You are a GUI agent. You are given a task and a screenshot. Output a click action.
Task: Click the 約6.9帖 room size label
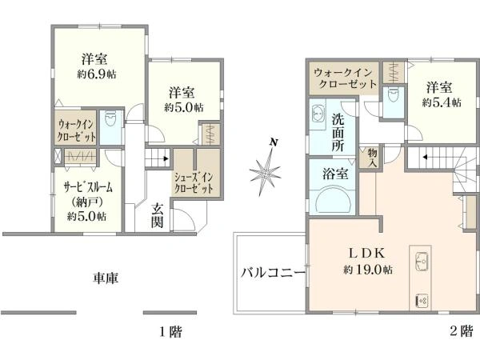(94, 73)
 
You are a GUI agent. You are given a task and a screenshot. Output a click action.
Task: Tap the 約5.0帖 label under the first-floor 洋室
(184, 106)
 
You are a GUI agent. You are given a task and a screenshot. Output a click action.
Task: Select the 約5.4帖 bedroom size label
(442, 102)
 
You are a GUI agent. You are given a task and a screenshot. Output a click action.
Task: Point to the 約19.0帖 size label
(368, 270)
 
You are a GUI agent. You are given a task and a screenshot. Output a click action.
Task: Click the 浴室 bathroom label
(334, 173)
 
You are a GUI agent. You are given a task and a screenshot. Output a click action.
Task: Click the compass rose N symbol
(274, 142)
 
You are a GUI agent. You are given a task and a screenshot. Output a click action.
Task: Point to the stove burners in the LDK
(422, 300)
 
